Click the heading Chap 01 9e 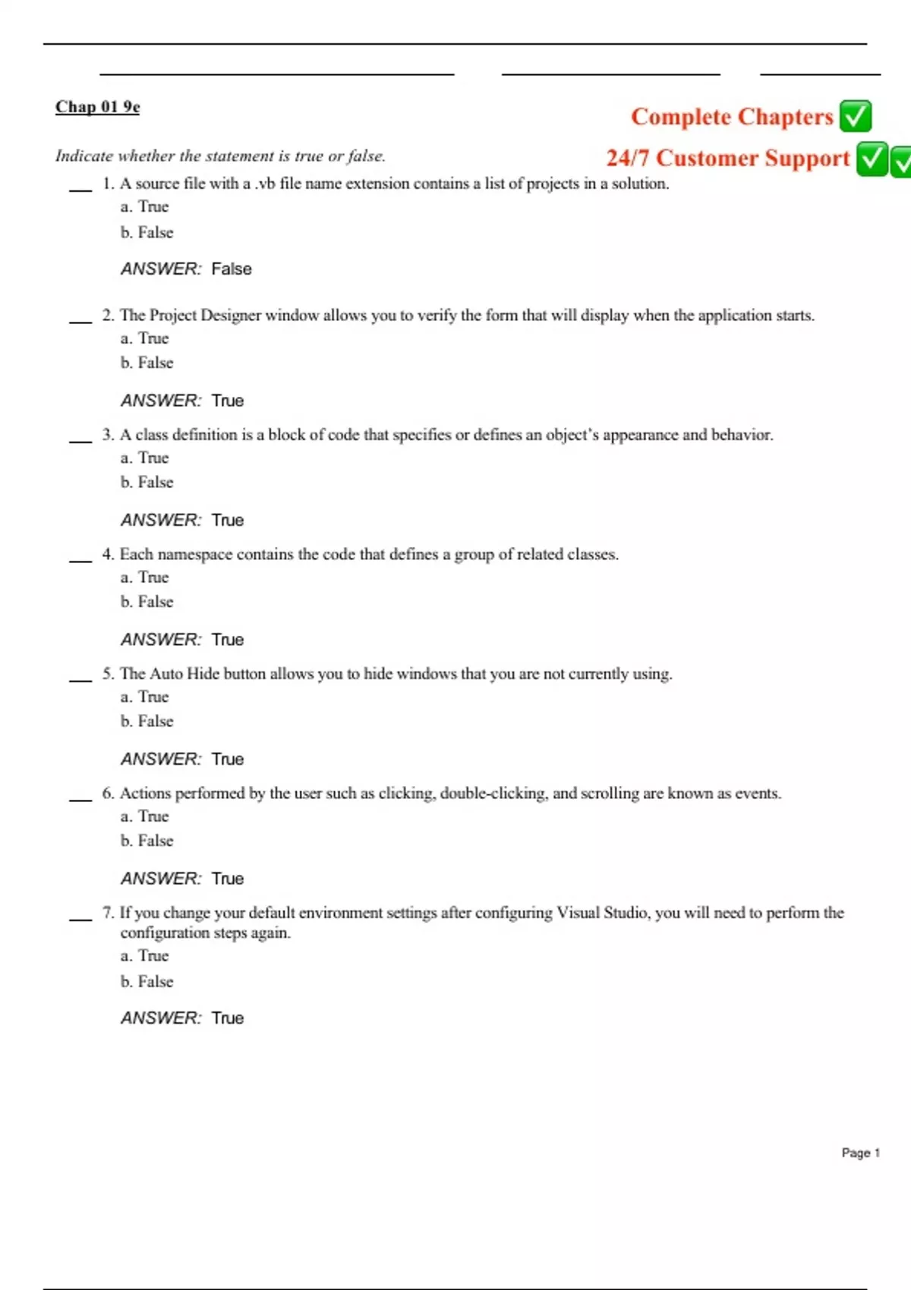coord(97,106)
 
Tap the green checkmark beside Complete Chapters coord(856,116)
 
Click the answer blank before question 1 coord(80,188)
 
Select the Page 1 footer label coord(860,1153)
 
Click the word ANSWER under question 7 coord(161,1018)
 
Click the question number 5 coord(108,673)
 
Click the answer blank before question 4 coord(80,559)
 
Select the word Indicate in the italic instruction coord(83,156)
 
